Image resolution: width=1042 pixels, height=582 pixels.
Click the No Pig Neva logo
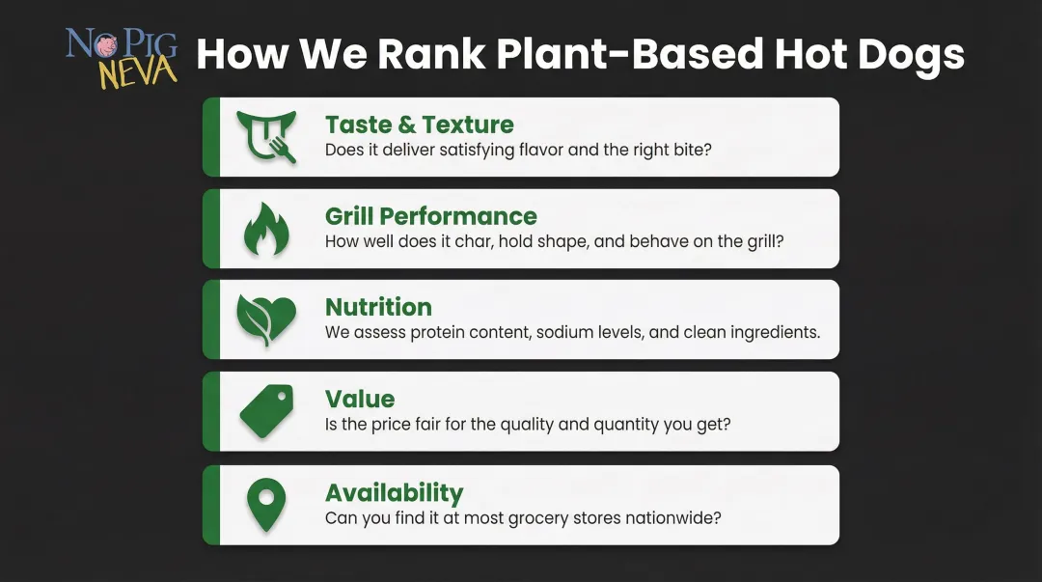[121, 57]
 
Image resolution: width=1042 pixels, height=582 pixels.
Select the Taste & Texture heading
[419, 125]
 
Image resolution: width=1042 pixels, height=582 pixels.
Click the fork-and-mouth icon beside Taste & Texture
[266, 136]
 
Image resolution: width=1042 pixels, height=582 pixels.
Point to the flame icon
[266, 229]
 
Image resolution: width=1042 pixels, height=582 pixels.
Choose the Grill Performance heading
[430, 216]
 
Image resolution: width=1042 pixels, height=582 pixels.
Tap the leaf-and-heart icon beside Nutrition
[266, 319]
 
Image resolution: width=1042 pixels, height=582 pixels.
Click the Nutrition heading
[378, 307]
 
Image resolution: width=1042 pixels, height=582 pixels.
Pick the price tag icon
[266, 410]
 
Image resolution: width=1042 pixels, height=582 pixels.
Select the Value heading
[360, 399]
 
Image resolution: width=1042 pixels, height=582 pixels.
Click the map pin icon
[266, 505]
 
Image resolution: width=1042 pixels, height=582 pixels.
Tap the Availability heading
[394, 492]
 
